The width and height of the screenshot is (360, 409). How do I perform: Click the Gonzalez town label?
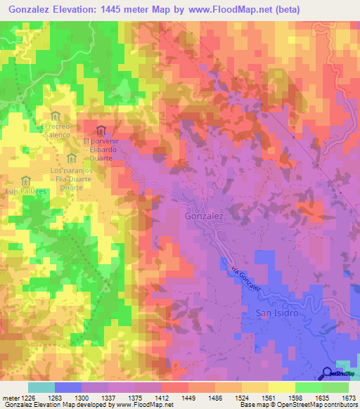(x=204, y=218)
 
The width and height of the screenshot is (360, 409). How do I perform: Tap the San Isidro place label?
(x=276, y=313)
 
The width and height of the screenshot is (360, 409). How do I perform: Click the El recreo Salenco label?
(x=56, y=130)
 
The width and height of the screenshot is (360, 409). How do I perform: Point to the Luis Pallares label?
(x=25, y=190)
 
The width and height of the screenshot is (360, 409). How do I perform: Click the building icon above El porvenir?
(x=101, y=130)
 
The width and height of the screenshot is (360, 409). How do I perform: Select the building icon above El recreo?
(x=56, y=116)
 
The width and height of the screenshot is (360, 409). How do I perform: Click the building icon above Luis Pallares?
(x=26, y=180)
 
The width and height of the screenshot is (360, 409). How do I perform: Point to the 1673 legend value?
(x=348, y=397)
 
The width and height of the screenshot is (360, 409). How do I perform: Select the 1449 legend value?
(x=188, y=397)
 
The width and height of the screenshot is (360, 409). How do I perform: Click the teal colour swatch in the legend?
(x=41, y=387)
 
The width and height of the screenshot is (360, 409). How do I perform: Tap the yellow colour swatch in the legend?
(x=281, y=387)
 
